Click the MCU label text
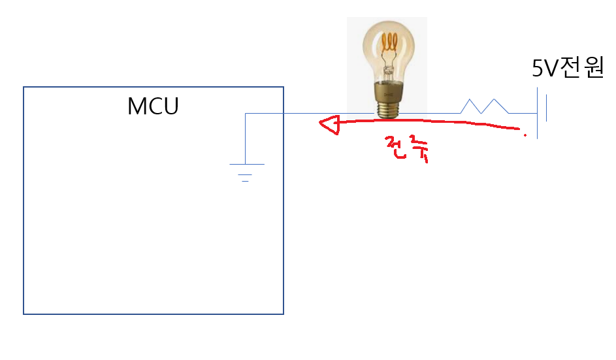(153, 106)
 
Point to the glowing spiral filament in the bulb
(391, 44)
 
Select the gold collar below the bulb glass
(388, 90)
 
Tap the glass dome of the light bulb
(389, 49)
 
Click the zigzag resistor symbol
(484, 106)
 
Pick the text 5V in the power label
(544, 69)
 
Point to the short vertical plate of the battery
(545, 108)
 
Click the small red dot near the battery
(525, 135)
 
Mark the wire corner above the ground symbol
(246, 114)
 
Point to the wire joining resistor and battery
(523, 113)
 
